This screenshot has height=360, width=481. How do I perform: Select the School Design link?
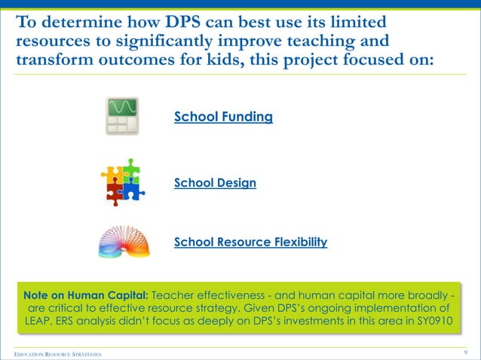(215, 182)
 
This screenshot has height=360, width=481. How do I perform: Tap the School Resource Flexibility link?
(250, 242)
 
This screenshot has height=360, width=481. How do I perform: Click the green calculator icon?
(122, 116)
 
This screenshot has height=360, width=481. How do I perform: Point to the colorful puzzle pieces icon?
(121, 182)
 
